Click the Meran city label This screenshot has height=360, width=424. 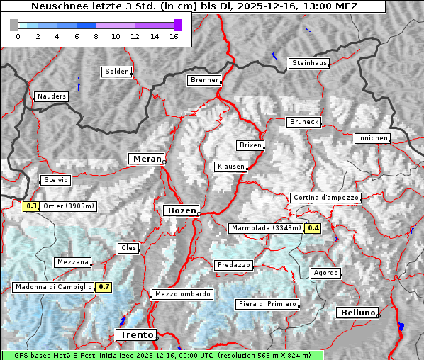click(x=145, y=159)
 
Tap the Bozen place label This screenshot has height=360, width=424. click(x=180, y=210)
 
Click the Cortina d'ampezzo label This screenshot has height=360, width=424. click(x=325, y=198)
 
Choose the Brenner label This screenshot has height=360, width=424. click(x=204, y=80)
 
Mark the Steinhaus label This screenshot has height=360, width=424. click(x=309, y=63)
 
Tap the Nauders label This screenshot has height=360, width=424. click(x=51, y=96)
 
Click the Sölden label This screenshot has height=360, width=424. click(x=117, y=72)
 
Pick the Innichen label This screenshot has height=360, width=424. click(x=372, y=138)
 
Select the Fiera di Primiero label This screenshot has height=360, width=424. click(x=267, y=304)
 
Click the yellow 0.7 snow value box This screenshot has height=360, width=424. click(x=104, y=287)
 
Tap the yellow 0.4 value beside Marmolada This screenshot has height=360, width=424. click(x=313, y=228)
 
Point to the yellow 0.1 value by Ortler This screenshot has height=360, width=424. click(x=31, y=207)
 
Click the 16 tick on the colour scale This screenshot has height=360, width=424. click(x=174, y=36)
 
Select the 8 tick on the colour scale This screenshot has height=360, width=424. click(x=96, y=36)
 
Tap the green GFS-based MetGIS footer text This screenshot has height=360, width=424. click(x=162, y=355)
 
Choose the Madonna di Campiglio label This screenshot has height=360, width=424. click(x=53, y=287)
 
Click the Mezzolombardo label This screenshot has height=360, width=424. click(x=182, y=293)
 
